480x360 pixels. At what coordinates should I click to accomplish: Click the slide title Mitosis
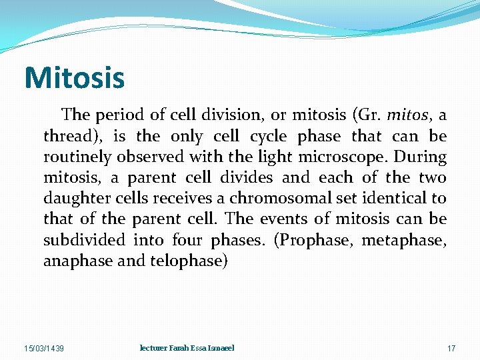coord(74,77)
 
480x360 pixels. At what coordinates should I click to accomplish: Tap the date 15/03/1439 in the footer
coord(43,349)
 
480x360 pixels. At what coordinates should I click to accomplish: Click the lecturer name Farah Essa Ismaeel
coord(187,348)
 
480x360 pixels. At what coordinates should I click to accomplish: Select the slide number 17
coord(451,349)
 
